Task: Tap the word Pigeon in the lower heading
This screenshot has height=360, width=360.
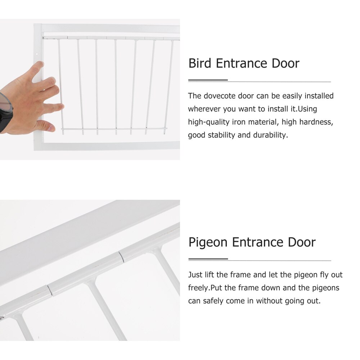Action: [208, 242]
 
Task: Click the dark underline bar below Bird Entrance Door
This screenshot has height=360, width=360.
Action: [208, 80]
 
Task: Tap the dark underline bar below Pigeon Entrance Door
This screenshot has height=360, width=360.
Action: [208, 259]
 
